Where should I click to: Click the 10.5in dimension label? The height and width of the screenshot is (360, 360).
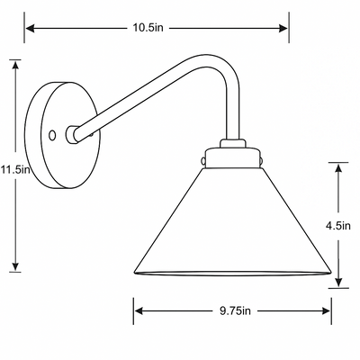(x=148, y=28)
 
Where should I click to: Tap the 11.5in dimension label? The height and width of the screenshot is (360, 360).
(x=15, y=170)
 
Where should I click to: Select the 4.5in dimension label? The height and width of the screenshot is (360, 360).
(x=338, y=225)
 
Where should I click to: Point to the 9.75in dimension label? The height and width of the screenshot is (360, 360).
(x=235, y=310)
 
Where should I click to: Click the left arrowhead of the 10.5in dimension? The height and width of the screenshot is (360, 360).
(x=31, y=29)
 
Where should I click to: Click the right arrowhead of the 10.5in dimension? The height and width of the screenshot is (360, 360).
(x=283, y=29)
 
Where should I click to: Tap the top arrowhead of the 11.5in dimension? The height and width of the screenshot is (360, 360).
(x=15, y=65)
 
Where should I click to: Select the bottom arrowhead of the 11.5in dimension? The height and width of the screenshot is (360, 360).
(x=15, y=266)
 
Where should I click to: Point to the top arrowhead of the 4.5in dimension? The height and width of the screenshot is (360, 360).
(x=338, y=168)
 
